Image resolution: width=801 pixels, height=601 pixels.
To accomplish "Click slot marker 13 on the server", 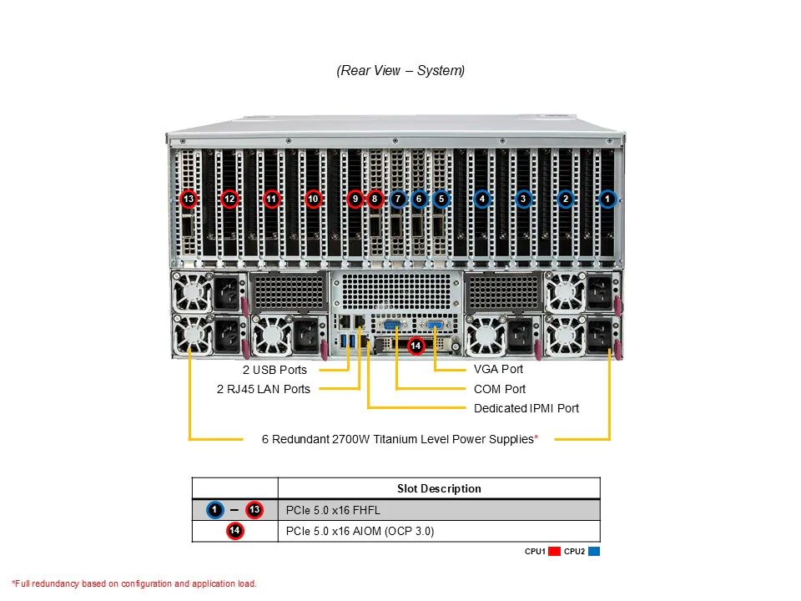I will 189,199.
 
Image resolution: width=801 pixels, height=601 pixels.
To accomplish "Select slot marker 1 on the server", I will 608,199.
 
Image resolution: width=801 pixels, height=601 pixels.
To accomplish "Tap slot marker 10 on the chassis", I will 313,199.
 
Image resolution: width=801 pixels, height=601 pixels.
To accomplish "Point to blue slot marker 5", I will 441,199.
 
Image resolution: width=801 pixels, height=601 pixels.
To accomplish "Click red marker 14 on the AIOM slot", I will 416,345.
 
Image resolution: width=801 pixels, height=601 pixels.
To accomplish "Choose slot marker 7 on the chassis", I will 398,199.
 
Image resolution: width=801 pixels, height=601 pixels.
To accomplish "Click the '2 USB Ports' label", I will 275,370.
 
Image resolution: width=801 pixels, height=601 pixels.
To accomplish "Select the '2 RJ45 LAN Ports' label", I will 263,389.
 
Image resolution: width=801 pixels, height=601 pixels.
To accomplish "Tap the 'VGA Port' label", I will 498,369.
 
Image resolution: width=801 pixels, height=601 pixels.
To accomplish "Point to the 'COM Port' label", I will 500,389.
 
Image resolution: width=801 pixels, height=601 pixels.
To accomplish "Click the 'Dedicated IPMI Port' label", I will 526,408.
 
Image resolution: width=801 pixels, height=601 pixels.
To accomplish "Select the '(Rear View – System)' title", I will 400,71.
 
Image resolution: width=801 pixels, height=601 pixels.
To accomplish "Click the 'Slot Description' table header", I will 439,488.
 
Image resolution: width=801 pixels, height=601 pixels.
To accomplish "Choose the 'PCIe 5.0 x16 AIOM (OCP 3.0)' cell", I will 360,531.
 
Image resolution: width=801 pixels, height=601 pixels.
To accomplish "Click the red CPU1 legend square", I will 554,552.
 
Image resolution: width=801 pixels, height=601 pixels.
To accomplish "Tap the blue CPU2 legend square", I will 593,552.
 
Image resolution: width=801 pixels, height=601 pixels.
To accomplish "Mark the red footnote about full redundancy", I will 134,583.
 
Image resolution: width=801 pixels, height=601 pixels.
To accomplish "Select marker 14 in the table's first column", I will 234,531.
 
